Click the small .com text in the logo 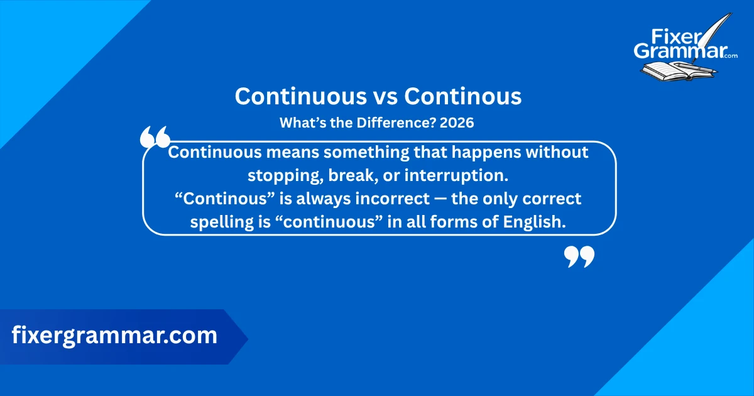pos(730,56)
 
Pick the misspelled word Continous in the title pos(463,96)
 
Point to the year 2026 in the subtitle pos(457,124)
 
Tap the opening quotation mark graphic pos(155,136)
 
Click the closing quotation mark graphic pos(579,256)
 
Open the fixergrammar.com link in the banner pos(114,336)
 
